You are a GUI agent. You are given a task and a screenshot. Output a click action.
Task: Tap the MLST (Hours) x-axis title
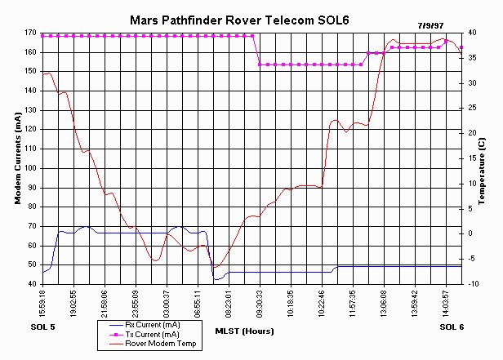[244, 331]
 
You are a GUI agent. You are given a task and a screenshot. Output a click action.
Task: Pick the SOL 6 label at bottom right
[451, 327]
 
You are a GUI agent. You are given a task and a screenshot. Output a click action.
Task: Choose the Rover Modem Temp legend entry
[159, 344]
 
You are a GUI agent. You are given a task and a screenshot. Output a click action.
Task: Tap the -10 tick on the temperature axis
[471, 284]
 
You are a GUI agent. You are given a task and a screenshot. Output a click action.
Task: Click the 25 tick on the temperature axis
[471, 109]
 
